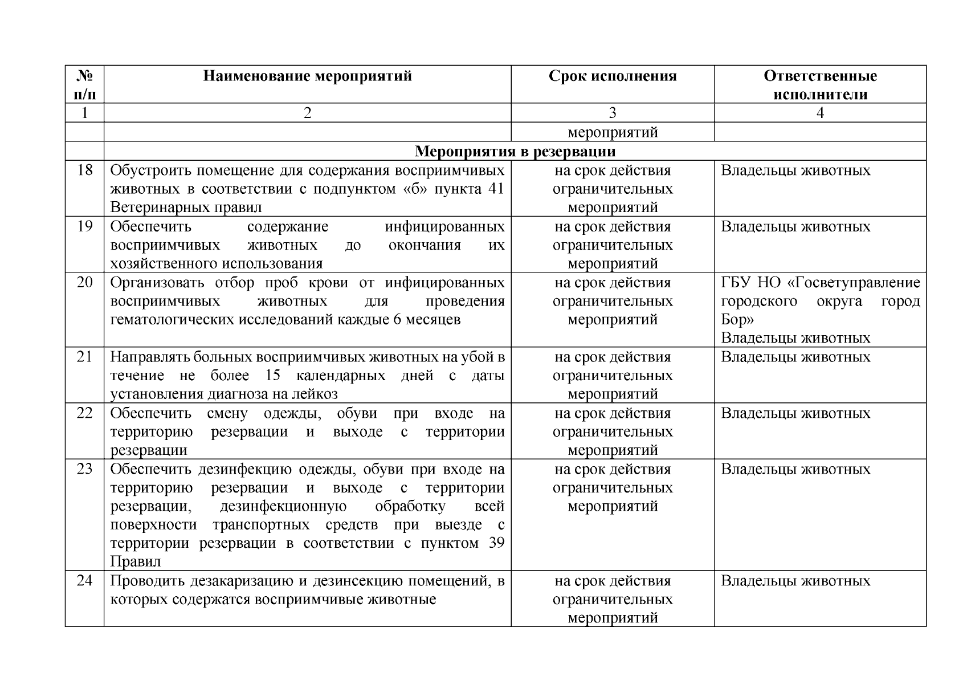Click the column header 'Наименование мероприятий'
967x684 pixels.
pos(307,76)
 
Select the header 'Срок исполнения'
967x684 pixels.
pos(613,76)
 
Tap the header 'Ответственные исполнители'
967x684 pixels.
pos(820,85)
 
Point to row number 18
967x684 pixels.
pos(84,170)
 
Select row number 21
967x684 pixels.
pos(84,357)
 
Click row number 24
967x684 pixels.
pos(84,581)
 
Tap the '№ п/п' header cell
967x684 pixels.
pos(84,84)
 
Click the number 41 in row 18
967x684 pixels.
pos(496,189)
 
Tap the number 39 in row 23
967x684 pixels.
pos(496,543)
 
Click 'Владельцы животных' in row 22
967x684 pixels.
pos(795,413)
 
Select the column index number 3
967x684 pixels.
pos(613,113)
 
